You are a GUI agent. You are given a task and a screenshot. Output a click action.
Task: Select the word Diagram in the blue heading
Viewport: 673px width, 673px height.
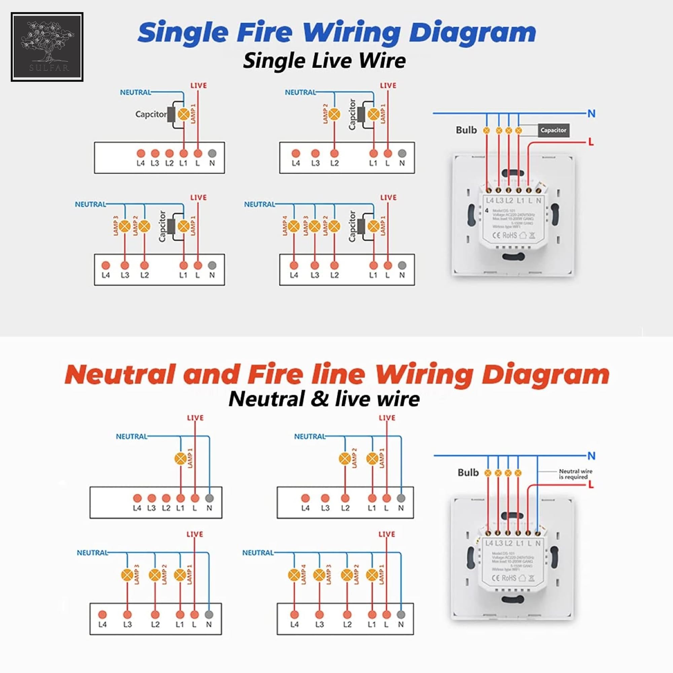pos(472,32)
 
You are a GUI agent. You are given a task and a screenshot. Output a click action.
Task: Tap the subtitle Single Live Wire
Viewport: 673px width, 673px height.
pos(324,61)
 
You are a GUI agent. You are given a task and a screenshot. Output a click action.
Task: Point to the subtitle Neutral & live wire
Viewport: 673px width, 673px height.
pos(324,398)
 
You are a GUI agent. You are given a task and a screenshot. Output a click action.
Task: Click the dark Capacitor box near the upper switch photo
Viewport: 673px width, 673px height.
pos(553,130)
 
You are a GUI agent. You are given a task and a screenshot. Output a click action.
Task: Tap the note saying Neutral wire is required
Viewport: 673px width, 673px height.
pos(575,474)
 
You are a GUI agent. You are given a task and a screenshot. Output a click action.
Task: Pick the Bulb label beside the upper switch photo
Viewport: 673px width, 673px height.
pos(466,130)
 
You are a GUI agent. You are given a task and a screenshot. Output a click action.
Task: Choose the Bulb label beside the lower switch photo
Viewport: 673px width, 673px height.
pos(468,472)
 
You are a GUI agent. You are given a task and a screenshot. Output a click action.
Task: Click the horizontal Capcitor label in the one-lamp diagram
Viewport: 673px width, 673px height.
pos(151,114)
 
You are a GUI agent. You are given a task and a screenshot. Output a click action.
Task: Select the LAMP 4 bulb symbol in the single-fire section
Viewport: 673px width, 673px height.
pos(294,226)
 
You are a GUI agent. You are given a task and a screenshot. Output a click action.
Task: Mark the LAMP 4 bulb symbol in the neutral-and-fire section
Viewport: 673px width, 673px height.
pos(294,575)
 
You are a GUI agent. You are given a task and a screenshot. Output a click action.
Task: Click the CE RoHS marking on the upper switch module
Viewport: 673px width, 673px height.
pos(504,236)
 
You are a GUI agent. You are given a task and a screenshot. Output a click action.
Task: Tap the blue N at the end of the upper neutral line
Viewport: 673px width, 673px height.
pos(591,113)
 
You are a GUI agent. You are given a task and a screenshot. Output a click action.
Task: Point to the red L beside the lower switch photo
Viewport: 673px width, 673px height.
pos(591,485)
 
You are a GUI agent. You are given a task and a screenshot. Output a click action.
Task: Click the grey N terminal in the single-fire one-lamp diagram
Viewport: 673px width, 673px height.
pos(212,153)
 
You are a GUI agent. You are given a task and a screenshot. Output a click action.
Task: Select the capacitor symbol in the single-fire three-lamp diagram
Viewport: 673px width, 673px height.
pos(171,226)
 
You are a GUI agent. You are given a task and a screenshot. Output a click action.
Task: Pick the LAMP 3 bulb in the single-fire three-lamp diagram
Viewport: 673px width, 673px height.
pos(125,226)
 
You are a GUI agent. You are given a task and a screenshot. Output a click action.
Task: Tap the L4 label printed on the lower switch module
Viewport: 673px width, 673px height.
pos(489,543)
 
